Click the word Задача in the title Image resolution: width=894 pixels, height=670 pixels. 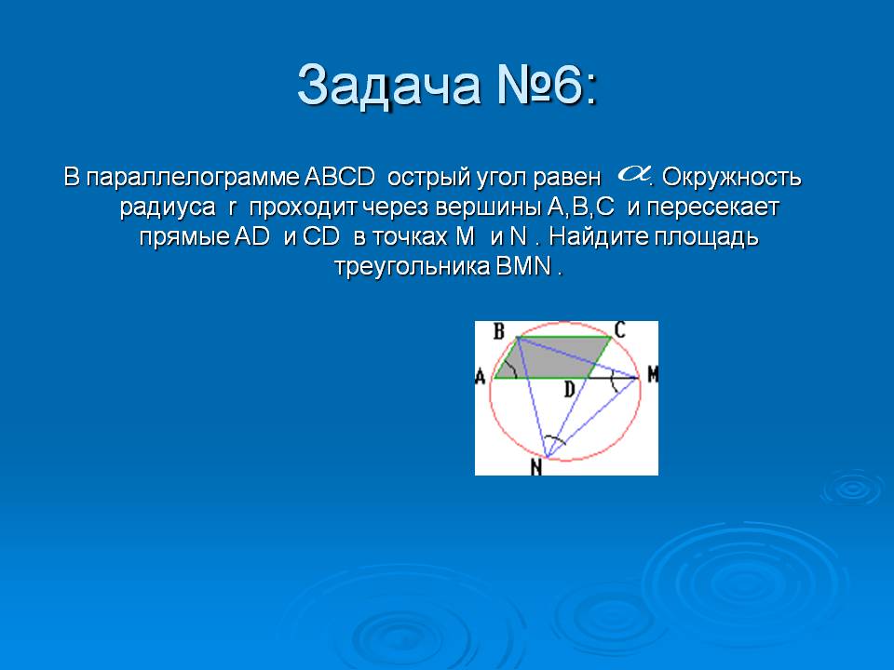tap(389, 86)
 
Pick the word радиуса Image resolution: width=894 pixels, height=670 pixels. tap(168, 208)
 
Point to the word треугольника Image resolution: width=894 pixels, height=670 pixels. tap(412, 267)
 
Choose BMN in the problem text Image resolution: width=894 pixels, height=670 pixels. tap(524, 266)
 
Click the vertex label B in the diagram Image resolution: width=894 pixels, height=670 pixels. tap(499, 330)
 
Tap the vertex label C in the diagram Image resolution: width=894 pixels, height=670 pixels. tap(620, 329)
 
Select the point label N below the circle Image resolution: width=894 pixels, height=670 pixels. tap(536, 467)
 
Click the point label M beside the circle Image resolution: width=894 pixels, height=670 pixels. tap(652, 374)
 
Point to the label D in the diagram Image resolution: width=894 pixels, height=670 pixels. tap(569, 390)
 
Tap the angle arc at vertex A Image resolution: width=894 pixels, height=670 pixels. tap(514, 369)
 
